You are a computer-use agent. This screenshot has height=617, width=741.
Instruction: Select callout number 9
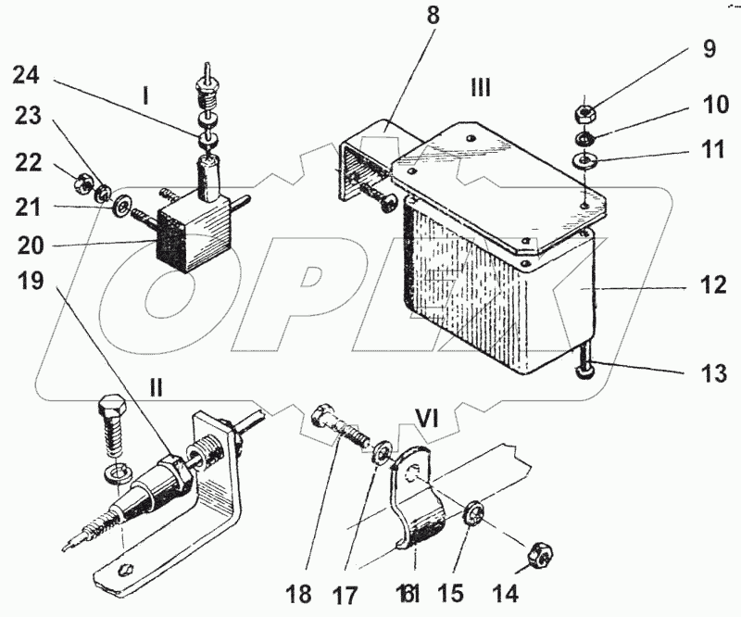709,49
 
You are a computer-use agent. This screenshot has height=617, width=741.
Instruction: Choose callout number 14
504,590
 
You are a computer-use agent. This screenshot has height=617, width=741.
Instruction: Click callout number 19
31,281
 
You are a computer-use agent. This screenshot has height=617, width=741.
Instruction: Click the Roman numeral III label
481,88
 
